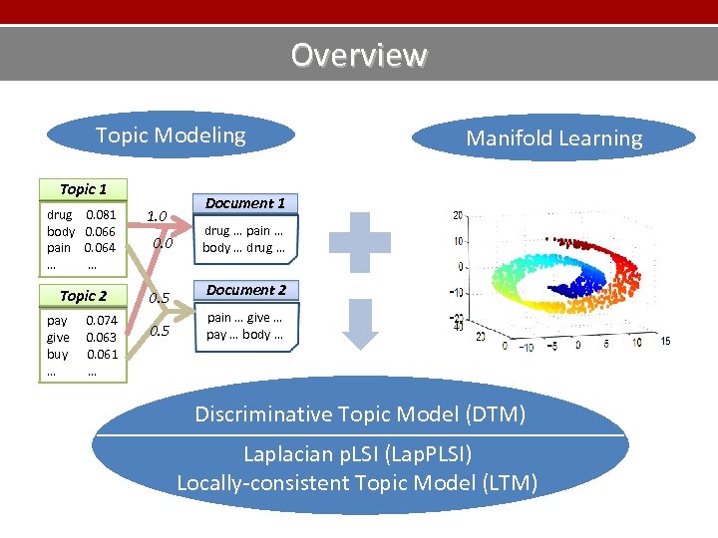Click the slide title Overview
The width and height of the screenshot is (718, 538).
(358, 54)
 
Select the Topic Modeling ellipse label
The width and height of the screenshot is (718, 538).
(171, 135)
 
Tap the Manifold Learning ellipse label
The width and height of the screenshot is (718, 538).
(554, 138)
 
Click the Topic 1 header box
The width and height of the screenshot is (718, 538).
(83, 189)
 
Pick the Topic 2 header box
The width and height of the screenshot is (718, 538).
(83, 296)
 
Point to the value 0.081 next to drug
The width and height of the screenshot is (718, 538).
(101, 214)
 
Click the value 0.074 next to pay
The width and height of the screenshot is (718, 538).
(101, 321)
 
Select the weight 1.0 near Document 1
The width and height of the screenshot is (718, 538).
(157, 216)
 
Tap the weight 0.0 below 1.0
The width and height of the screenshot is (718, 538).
(163, 243)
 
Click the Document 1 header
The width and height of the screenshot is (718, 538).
(244, 203)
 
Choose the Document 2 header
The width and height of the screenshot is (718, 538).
(245, 290)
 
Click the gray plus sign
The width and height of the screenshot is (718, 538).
(361, 240)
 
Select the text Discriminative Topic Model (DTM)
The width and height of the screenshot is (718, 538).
(360, 413)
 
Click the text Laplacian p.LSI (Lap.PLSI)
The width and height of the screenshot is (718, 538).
(358, 454)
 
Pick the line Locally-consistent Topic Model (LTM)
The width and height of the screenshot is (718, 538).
(357, 483)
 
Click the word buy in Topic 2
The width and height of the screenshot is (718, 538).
(58, 354)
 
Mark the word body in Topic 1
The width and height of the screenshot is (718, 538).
(61, 231)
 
